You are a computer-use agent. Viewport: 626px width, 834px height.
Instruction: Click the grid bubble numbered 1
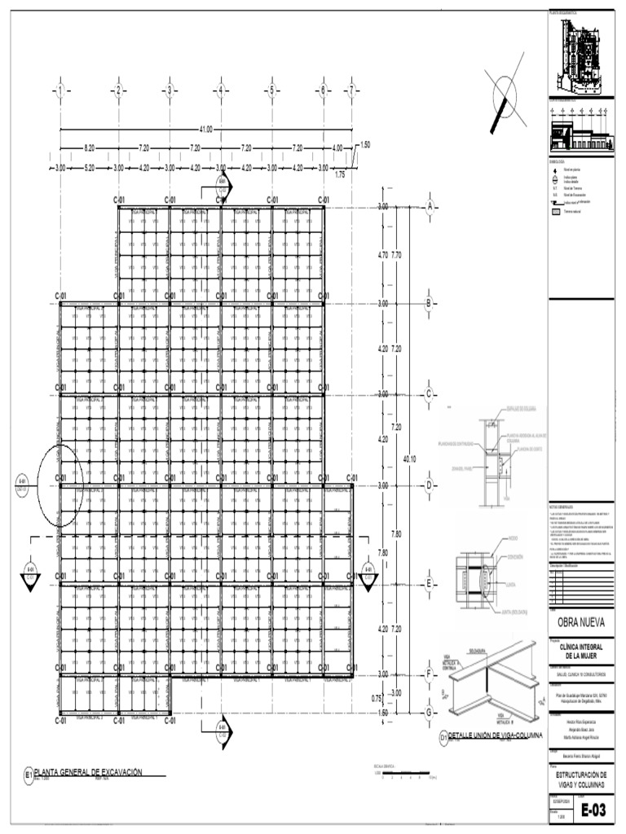[x=60, y=90]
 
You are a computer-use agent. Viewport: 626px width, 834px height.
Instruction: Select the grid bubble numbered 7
[x=352, y=90]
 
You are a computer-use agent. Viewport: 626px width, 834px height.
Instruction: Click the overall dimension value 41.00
[x=205, y=129]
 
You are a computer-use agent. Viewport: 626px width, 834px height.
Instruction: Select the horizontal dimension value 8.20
[x=89, y=148]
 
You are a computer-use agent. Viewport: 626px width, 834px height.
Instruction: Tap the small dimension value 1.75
[x=340, y=174]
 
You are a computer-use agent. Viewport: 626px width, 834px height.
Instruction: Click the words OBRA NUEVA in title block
[x=580, y=623]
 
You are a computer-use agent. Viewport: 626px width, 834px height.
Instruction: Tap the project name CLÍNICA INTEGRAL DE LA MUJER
[x=580, y=649]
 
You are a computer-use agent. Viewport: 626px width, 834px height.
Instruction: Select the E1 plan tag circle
[x=29, y=775]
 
